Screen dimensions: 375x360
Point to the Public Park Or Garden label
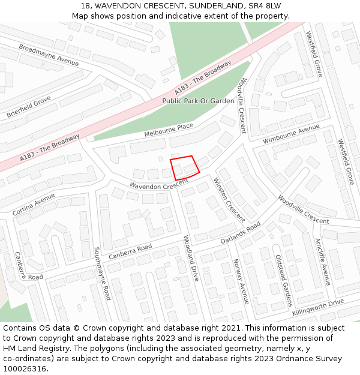click(198, 101)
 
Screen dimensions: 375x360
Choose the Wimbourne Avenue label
click(291, 134)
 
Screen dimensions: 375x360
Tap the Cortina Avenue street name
click(34, 204)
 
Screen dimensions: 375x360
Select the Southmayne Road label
click(102, 274)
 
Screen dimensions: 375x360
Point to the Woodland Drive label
click(190, 258)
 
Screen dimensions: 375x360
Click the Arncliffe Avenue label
click(323, 262)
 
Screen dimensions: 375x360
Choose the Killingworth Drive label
click(318, 307)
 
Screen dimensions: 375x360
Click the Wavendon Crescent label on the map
click(151, 187)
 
